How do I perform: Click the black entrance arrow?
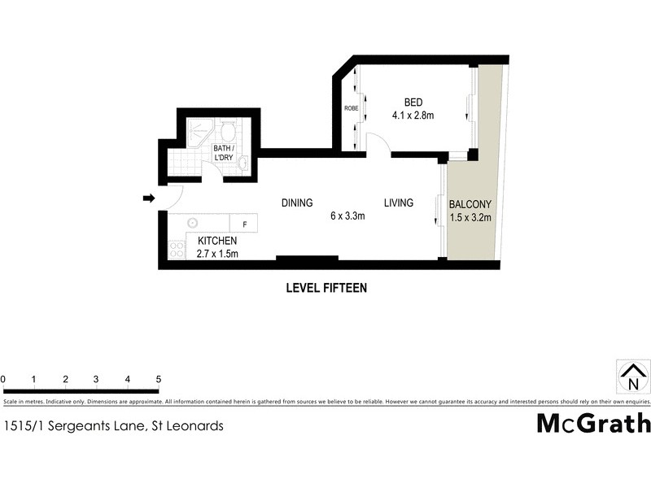click(x=148, y=198)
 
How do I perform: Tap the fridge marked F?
click(x=244, y=223)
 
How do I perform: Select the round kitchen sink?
click(x=194, y=223)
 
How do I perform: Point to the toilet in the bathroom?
click(x=228, y=130)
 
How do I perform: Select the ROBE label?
click(x=351, y=108)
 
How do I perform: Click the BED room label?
click(x=413, y=102)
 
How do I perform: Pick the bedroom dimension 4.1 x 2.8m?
click(x=413, y=115)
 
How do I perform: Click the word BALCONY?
click(x=471, y=204)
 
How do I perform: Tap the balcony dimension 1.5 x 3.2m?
click(x=471, y=217)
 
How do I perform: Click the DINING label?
click(x=297, y=203)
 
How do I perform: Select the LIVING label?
click(x=399, y=203)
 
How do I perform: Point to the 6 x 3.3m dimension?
click(x=347, y=216)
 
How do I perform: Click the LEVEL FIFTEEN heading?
click(x=325, y=287)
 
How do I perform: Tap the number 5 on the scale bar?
click(x=159, y=379)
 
